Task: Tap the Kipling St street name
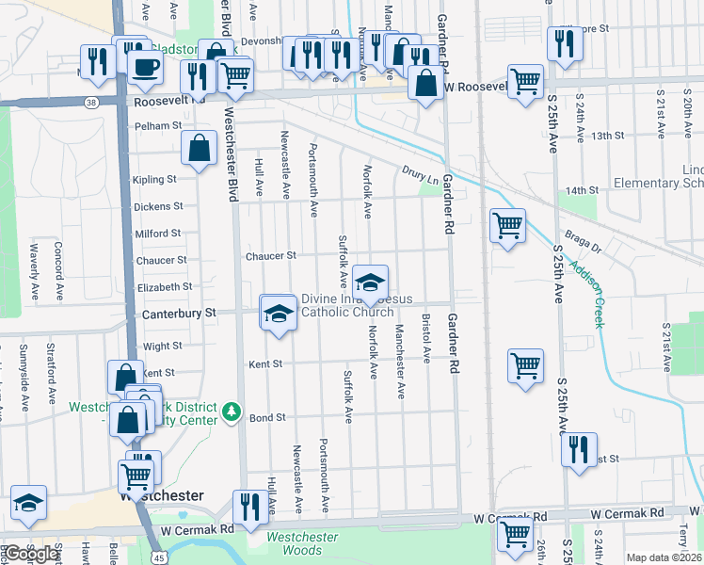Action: (x=154, y=179)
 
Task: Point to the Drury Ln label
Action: (x=420, y=174)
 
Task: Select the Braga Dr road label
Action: (x=582, y=241)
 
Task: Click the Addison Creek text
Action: (x=596, y=295)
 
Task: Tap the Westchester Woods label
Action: (x=301, y=543)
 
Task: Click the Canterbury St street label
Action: (x=178, y=313)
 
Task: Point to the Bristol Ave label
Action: (x=426, y=339)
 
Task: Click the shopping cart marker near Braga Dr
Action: (x=507, y=225)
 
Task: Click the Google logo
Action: (x=31, y=554)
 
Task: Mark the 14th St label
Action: (x=583, y=190)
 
